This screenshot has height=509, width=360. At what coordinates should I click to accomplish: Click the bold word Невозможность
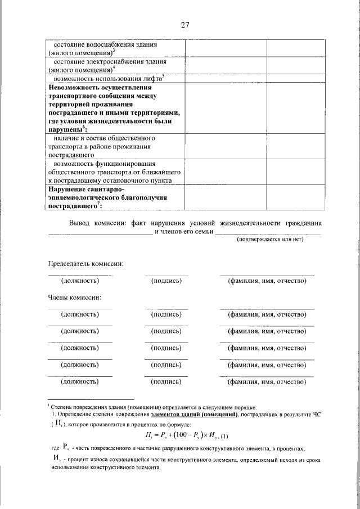tap(76, 88)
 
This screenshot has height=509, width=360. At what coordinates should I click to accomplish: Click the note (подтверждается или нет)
tap(270, 239)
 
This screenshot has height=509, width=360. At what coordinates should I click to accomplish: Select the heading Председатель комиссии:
tap(85, 263)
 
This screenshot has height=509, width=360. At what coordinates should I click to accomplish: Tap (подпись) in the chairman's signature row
tap(166, 280)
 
